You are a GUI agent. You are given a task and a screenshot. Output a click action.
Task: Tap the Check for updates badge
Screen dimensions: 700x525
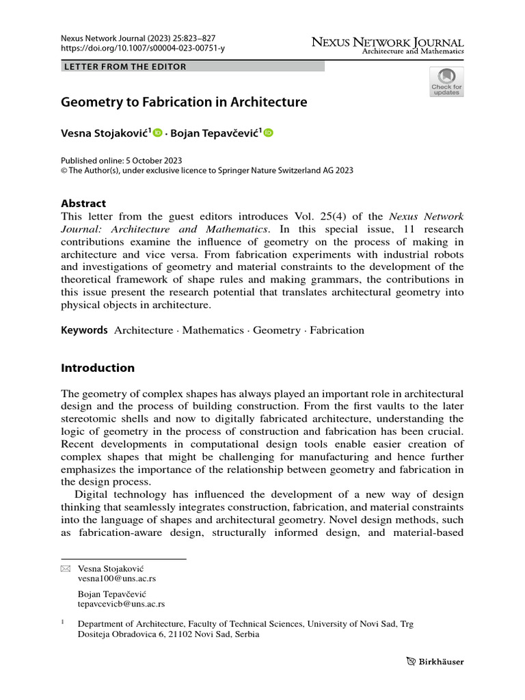click(446, 82)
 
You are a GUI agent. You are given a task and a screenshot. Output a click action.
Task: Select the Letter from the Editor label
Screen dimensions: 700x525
click(124, 67)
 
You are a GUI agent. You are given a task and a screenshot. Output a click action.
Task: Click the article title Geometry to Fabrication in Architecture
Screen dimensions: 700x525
click(184, 103)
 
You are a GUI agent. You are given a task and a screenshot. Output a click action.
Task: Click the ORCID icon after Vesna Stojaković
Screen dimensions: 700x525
click(158, 133)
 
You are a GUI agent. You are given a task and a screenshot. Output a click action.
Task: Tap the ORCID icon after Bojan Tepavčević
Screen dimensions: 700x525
click(268, 133)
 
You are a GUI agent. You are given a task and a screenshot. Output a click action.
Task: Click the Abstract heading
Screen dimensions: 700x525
click(83, 203)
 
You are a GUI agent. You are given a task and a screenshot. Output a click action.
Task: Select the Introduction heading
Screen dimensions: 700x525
click(98, 368)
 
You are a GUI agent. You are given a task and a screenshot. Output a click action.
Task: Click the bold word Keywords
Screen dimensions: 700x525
click(84, 330)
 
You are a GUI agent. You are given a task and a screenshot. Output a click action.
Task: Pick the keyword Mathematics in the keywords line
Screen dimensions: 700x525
click(212, 330)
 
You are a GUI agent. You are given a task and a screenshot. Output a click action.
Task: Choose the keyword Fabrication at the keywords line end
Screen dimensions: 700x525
click(337, 330)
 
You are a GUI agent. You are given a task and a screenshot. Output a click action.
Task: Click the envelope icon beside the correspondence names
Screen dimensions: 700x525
click(66, 569)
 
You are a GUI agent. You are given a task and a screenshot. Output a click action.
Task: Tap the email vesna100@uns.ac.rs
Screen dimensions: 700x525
click(116, 578)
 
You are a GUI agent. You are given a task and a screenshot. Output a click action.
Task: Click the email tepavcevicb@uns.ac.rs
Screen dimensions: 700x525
click(121, 604)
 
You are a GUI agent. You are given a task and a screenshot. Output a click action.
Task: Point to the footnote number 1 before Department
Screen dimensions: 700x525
click(63, 622)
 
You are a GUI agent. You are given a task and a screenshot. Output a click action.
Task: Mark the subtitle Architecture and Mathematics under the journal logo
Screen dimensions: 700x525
click(412, 51)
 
